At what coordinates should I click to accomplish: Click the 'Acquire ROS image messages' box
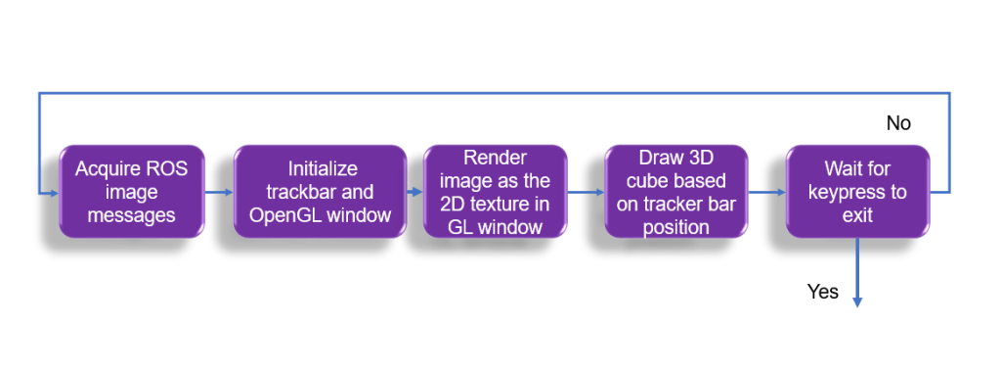click(x=132, y=192)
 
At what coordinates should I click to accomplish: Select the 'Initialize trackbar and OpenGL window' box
click(x=320, y=192)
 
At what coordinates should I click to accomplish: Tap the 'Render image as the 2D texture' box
click(x=496, y=192)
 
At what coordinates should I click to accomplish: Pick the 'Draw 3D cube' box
click(x=676, y=192)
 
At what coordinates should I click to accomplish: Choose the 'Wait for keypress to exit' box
click(x=857, y=192)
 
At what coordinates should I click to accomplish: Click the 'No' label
click(x=898, y=123)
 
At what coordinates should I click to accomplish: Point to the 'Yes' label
click(x=823, y=292)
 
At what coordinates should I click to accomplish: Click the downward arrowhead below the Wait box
click(x=857, y=301)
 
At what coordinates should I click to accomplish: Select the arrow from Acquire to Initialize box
click(x=219, y=192)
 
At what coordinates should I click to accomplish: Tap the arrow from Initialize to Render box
click(x=414, y=192)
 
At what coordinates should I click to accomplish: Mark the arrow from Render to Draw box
click(x=587, y=192)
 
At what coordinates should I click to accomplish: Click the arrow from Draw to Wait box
click(x=766, y=192)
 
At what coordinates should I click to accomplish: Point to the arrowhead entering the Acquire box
click(x=55, y=192)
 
